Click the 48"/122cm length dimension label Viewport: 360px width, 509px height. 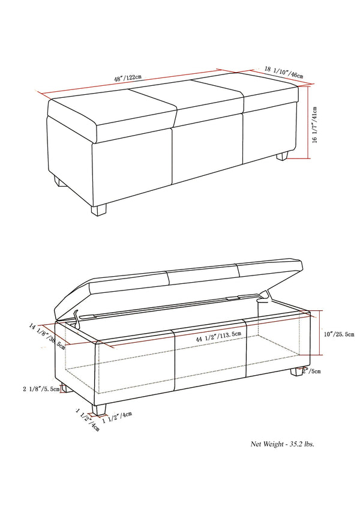click(x=128, y=77)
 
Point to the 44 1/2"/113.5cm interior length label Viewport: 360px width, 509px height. click(x=218, y=338)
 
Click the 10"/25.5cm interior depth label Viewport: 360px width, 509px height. click(x=338, y=334)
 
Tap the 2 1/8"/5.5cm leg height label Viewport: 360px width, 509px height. click(x=41, y=389)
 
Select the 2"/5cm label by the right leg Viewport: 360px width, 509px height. click(x=312, y=371)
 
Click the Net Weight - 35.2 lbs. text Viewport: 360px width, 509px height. click(x=282, y=444)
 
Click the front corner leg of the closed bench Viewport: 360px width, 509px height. click(x=99, y=209)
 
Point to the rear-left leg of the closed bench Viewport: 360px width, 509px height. click(x=59, y=181)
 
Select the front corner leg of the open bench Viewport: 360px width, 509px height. click(x=100, y=410)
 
